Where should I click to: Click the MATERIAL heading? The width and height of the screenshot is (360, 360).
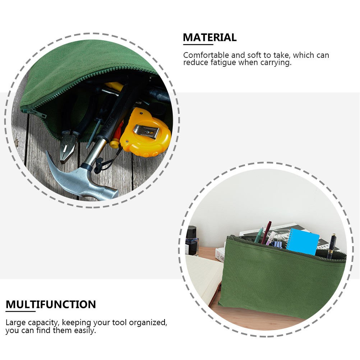point(209,37)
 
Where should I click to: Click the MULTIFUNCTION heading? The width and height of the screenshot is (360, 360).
point(51,304)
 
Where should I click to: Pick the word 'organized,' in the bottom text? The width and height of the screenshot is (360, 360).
point(148,323)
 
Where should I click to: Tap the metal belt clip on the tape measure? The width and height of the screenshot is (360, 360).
point(146,131)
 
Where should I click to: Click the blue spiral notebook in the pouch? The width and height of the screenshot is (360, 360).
point(303,241)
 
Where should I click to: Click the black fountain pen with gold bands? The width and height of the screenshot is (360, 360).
point(331,246)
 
